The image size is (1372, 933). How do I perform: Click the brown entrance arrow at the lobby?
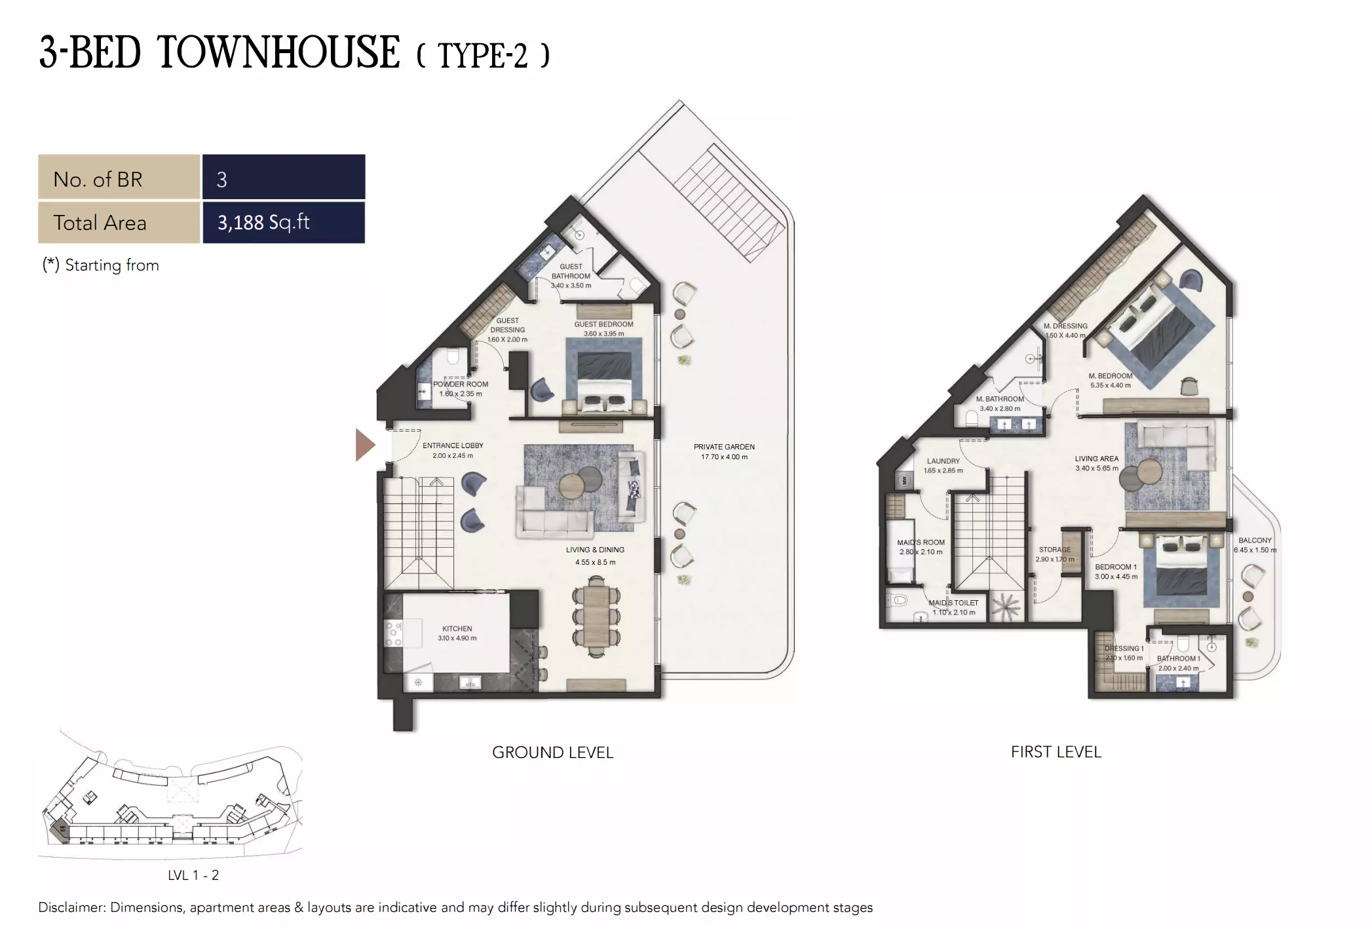[x=364, y=445]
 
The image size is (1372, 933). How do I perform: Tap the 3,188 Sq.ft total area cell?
[x=283, y=223]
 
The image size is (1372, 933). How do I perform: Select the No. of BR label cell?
[x=119, y=179]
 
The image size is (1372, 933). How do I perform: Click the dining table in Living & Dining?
[x=596, y=617]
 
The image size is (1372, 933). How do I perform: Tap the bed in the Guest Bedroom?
[x=604, y=380]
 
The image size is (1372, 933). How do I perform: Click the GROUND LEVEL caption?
[x=552, y=752]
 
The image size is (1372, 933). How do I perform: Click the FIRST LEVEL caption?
[x=1056, y=752]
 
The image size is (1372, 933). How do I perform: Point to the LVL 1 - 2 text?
[x=193, y=875]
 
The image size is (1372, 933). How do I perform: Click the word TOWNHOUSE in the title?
[x=278, y=53]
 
